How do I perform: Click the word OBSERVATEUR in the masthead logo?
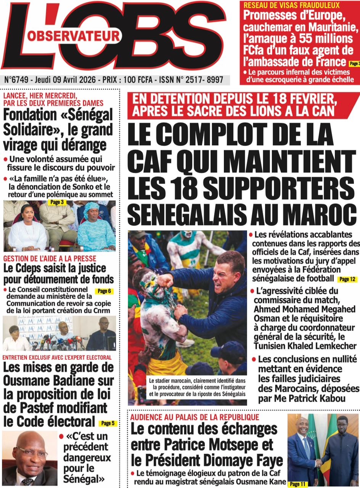[73, 36]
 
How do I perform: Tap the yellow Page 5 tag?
[108, 423]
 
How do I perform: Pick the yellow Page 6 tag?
[104, 291]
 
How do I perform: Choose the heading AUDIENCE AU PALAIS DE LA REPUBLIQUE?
[194, 417]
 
